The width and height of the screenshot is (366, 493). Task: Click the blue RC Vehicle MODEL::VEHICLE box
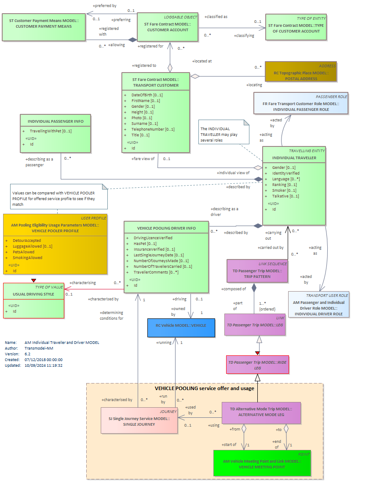(181, 328)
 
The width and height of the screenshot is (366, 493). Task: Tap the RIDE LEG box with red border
(257, 365)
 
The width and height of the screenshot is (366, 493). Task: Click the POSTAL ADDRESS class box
(301, 72)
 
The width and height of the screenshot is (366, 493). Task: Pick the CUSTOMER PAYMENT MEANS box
(44, 27)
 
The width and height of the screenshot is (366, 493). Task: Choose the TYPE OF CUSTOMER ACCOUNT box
(296, 27)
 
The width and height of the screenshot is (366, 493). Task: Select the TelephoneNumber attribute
(153, 129)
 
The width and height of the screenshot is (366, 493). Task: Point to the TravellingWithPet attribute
(51, 131)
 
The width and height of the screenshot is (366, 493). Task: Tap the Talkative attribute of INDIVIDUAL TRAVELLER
(285, 196)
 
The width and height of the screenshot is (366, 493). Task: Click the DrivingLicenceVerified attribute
(153, 238)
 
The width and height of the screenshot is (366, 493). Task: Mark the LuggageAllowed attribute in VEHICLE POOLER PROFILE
(33, 246)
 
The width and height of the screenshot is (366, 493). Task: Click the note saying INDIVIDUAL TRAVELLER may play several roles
(223, 132)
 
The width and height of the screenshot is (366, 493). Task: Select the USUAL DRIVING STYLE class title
(33, 294)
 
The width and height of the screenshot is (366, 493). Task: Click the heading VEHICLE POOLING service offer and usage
(205, 388)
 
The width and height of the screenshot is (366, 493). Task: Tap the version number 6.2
(27, 354)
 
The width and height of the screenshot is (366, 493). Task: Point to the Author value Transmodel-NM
(39, 348)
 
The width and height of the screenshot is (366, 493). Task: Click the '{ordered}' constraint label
(267, 309)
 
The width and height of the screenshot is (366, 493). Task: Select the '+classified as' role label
(216, 17)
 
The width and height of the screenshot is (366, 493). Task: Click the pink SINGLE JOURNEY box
(139, 420)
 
